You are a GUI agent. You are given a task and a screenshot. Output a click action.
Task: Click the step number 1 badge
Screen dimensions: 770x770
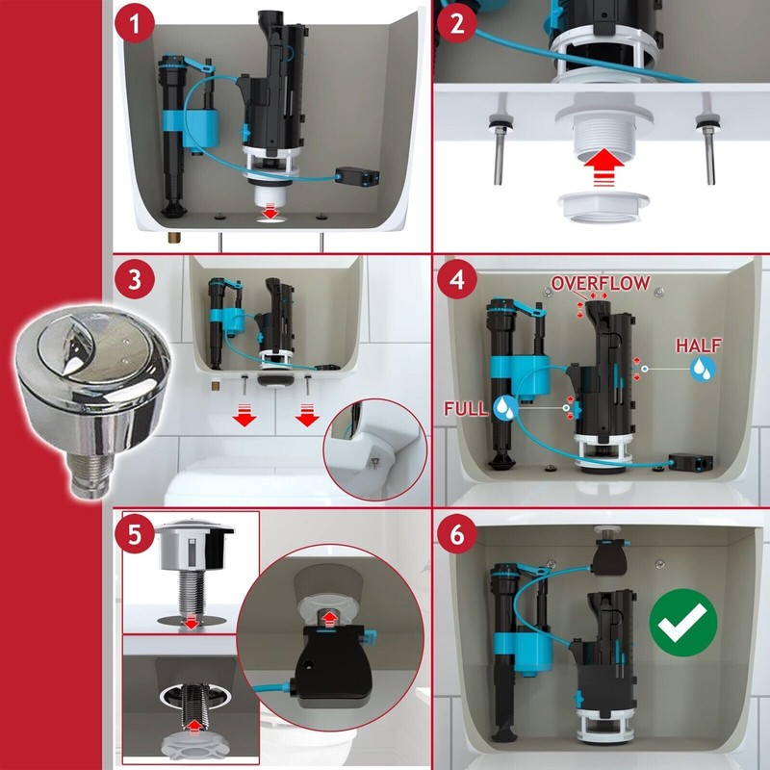click(135, 23)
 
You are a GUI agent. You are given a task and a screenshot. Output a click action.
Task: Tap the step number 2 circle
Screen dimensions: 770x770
click(456, 23)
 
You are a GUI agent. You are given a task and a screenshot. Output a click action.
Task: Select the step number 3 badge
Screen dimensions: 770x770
click(135, 279)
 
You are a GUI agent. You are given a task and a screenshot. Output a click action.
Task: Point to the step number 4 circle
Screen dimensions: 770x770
click(456, 279)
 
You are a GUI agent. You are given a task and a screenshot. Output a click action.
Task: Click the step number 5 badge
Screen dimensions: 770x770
click(135, 534)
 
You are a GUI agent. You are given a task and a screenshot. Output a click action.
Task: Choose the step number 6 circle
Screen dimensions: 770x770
click(456, 534)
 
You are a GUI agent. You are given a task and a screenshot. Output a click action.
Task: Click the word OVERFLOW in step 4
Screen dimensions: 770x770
click(601, 283)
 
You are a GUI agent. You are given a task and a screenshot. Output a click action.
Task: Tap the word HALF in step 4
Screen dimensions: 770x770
click(699, 346)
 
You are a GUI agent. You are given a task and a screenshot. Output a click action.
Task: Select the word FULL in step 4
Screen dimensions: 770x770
click(466, 408)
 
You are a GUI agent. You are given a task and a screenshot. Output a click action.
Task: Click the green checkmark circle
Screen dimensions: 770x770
click(683, 623)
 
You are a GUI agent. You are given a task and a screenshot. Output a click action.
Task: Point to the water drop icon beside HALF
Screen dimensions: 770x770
click(703, 369)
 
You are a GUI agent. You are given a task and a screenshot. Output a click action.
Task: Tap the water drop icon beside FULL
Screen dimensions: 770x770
click(506, 407)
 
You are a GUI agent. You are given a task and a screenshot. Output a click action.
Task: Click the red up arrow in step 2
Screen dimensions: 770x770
click(604, 167)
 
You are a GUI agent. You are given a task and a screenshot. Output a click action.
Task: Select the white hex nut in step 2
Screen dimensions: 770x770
click(604, 207)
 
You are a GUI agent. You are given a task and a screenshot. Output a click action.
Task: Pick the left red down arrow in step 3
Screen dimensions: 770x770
click(244, 414)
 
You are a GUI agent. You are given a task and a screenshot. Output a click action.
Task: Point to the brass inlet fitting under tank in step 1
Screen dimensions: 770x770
click(174, 237)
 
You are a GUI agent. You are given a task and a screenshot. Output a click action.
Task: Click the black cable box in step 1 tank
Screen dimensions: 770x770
click(357, 177)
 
